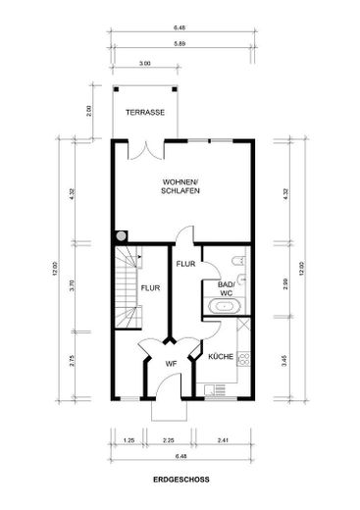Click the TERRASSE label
coord(145,112)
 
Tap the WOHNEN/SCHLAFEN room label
coord(180,186)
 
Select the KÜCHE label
coord(221,356)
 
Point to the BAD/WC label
coord(227,288)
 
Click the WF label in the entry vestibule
coord(171,364)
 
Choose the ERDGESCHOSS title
coord(181,480)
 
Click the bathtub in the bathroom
coord(225,306)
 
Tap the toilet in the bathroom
coord(238,261)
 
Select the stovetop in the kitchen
coord(243,359)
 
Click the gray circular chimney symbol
coord(121,236)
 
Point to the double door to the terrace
coord(146,150)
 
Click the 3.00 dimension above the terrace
coord(145,64)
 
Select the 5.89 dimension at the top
coord(180,43)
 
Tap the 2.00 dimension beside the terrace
coord(89,111)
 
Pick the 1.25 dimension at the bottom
coord(129,440)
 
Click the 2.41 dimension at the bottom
coord(223,440)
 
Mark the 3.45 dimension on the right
coord(284,360)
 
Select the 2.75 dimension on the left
coord(73,360)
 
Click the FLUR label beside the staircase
coord(150,288)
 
